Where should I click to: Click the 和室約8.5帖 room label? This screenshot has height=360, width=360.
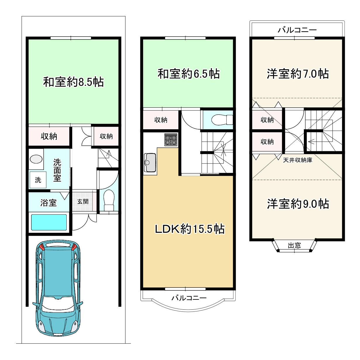coord(73,82)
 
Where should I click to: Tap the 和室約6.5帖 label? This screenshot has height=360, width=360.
coord(189,74)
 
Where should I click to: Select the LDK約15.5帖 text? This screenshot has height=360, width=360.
coord(190,229)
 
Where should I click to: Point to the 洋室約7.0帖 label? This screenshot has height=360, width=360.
coord(298,74)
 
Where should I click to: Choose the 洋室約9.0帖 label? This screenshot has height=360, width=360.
coord(298,204)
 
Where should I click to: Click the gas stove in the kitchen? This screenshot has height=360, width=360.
coord(171,140)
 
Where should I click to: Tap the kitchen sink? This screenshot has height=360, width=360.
coord(150,163)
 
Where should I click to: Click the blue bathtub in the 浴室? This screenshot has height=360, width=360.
coord(49,222)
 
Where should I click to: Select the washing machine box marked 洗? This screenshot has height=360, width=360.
coord(38,180)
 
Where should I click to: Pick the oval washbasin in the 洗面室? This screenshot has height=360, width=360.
coord(36,159)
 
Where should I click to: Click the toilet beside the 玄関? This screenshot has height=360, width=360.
coord(109,200)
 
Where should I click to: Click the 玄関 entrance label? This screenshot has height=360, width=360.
coord(83,201)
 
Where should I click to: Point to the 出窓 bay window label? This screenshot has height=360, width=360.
coord(294,245)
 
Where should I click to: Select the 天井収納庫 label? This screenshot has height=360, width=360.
coord(298,160)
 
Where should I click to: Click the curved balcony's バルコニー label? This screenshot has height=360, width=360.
coord(189,298)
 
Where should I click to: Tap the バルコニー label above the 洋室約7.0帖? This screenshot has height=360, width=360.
coord(297,30)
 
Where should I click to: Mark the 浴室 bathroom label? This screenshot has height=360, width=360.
coord(49,203)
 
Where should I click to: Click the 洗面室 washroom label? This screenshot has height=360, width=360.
coord(57,170)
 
